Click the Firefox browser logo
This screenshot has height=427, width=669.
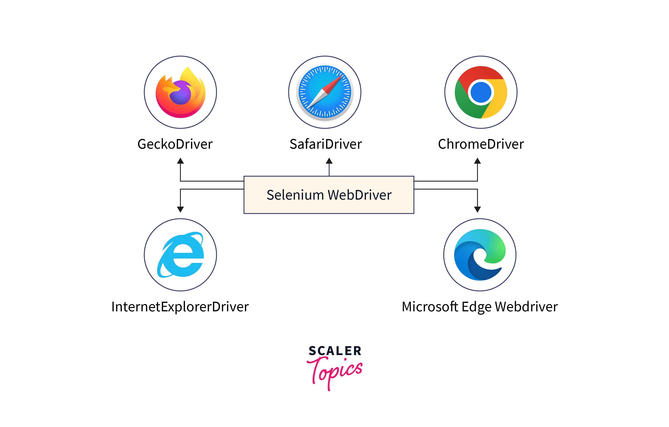pos(181,92)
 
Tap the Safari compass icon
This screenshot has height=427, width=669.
pos(325,92)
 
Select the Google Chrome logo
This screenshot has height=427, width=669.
pos(481,92)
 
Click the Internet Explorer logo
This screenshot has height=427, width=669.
pos(181,255)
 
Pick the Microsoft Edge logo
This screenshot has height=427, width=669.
pos(480,255)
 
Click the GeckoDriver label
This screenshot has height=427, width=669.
pos(175,144)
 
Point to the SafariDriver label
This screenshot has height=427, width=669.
pos(326,144)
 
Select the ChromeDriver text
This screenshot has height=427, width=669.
pos(481,144)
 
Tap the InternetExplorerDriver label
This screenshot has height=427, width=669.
pos(180,307)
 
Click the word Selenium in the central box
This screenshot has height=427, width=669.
pos(295,195)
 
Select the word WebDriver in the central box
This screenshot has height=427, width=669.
pos(360,195)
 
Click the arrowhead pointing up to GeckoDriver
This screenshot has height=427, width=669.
pos(181,161)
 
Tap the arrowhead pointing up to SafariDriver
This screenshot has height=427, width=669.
pos(329,161)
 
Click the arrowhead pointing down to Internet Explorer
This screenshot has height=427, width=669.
pos(181,209)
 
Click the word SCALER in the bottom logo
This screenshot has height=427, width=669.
pos(335,351)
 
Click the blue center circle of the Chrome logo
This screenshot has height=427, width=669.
pos(481,92)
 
